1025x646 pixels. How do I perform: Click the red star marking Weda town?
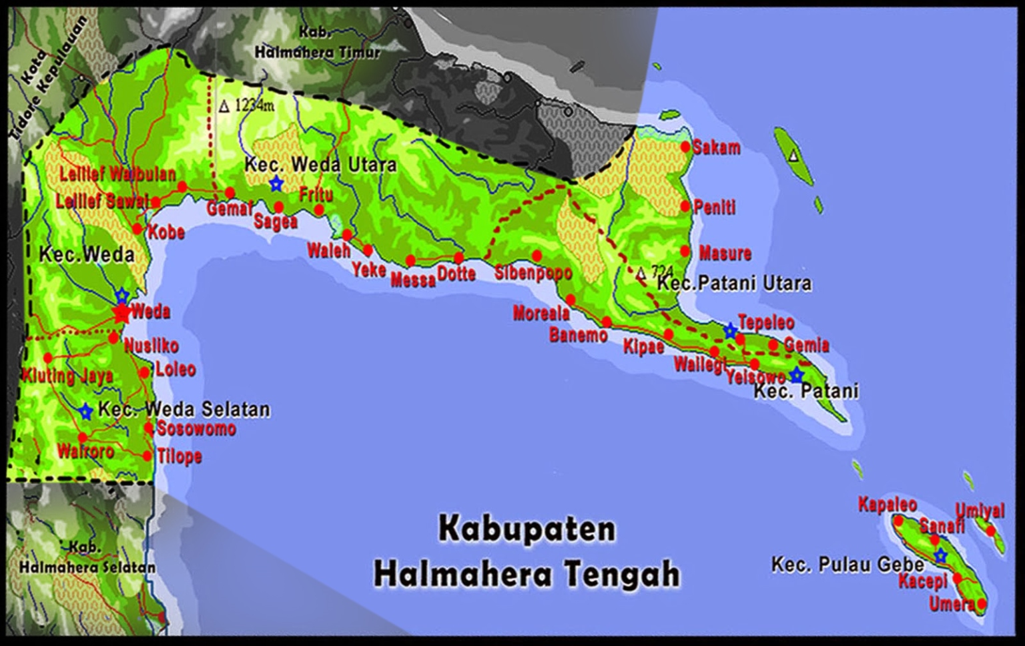click(121, 313)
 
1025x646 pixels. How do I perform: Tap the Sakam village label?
click(716, 147)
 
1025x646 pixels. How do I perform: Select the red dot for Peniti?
click(685, 207)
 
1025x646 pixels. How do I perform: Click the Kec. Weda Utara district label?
click(320, 164)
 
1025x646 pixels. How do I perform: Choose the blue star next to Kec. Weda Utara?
click(276, 184)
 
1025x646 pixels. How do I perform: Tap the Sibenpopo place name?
click(533, 273)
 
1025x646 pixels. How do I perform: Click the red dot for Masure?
click(685, 252)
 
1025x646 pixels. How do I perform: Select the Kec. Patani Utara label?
click(734, 284)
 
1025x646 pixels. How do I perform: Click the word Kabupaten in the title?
click(527, 529)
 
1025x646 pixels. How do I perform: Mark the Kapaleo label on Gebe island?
click(887, 505)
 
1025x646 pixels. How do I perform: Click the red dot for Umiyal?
click(991, 531)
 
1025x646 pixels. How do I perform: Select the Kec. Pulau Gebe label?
click(847, 565)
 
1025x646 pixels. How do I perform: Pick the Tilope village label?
click(179, 456)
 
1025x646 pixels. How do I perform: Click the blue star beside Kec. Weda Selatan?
click(85, 412)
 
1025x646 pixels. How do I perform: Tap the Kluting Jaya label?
click(67, 375)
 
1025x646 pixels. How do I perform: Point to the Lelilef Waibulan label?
click(117, 175)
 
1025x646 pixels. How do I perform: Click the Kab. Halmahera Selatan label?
click(87, 559)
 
